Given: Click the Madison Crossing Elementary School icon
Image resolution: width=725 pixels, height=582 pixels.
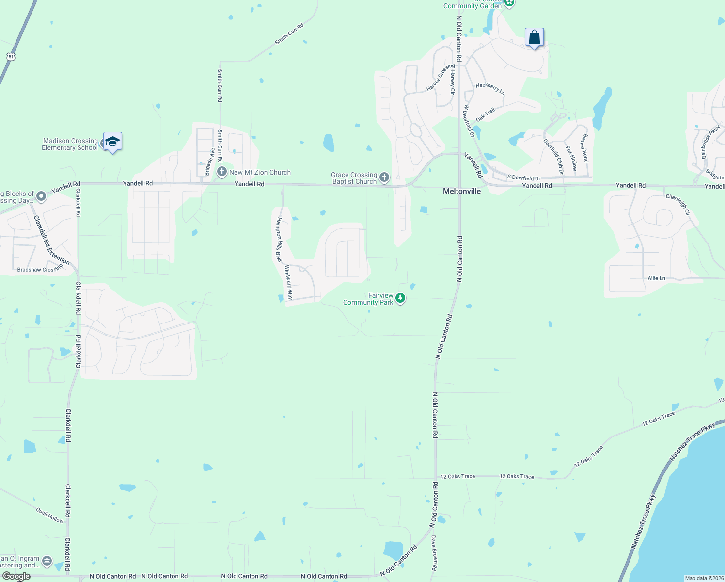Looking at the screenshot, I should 112,142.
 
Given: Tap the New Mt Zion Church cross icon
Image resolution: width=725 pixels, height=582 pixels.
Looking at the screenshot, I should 222,172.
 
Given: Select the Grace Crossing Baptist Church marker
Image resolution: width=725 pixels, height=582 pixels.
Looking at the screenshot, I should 384,178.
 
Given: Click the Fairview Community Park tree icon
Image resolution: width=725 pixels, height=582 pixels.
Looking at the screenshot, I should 400,298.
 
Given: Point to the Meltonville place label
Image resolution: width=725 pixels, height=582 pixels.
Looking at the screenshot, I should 462,191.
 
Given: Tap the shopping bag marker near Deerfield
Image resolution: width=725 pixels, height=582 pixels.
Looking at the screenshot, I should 534,37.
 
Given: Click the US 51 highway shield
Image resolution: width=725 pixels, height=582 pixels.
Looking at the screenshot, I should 11,57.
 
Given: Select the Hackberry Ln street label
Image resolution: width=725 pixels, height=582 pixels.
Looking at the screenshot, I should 490,88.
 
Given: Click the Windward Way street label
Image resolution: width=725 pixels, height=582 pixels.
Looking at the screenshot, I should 288,282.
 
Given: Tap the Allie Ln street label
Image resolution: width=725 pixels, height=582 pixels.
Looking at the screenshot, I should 656,278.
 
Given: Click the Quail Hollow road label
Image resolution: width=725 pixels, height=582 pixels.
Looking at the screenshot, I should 50,515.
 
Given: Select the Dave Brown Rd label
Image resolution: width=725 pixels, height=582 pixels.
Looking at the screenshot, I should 434,553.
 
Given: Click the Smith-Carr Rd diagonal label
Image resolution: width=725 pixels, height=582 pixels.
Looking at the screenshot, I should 289,34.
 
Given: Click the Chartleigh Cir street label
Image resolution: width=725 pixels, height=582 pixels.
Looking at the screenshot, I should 677,204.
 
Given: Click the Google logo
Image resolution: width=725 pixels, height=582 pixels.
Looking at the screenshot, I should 16,576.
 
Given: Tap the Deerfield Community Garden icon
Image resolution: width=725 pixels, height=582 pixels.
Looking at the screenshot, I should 509,3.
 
